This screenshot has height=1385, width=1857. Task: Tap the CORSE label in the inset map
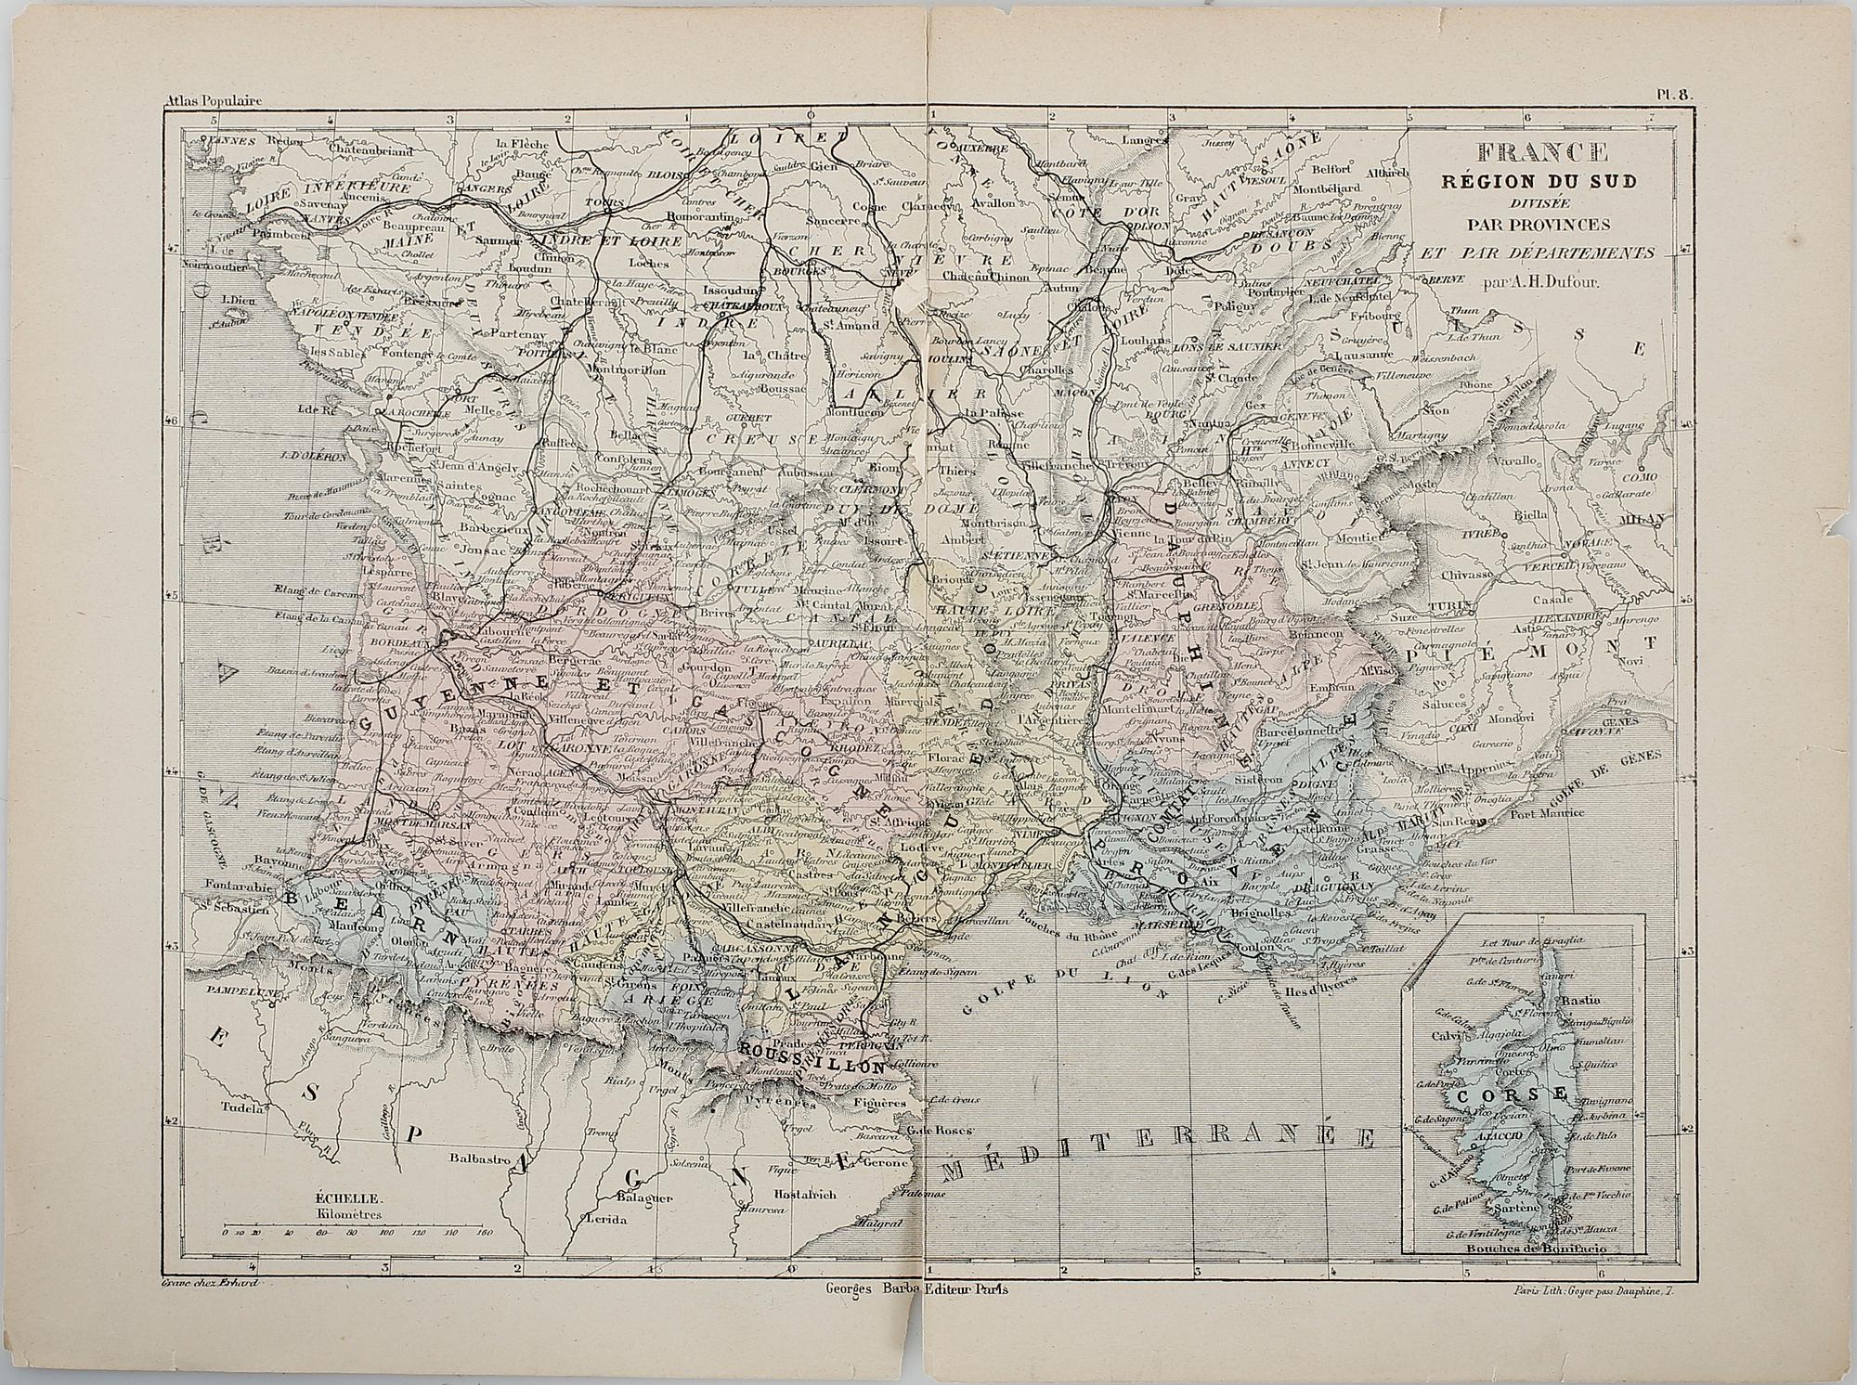[x=1523, y=1094]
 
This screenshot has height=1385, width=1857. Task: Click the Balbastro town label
[x=479, y=1158]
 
